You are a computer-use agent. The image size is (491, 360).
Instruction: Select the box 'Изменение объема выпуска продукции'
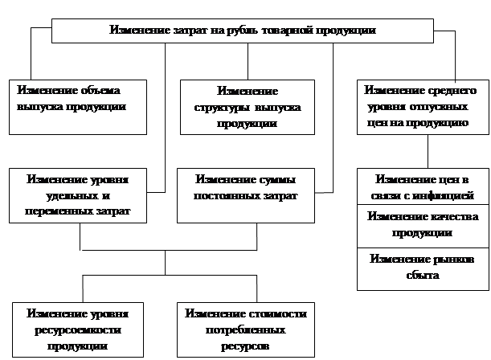tap(78, 105)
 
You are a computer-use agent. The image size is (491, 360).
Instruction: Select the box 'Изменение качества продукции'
tap(423, 225)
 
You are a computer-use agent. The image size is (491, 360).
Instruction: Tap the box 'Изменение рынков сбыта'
tap(423, 268)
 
